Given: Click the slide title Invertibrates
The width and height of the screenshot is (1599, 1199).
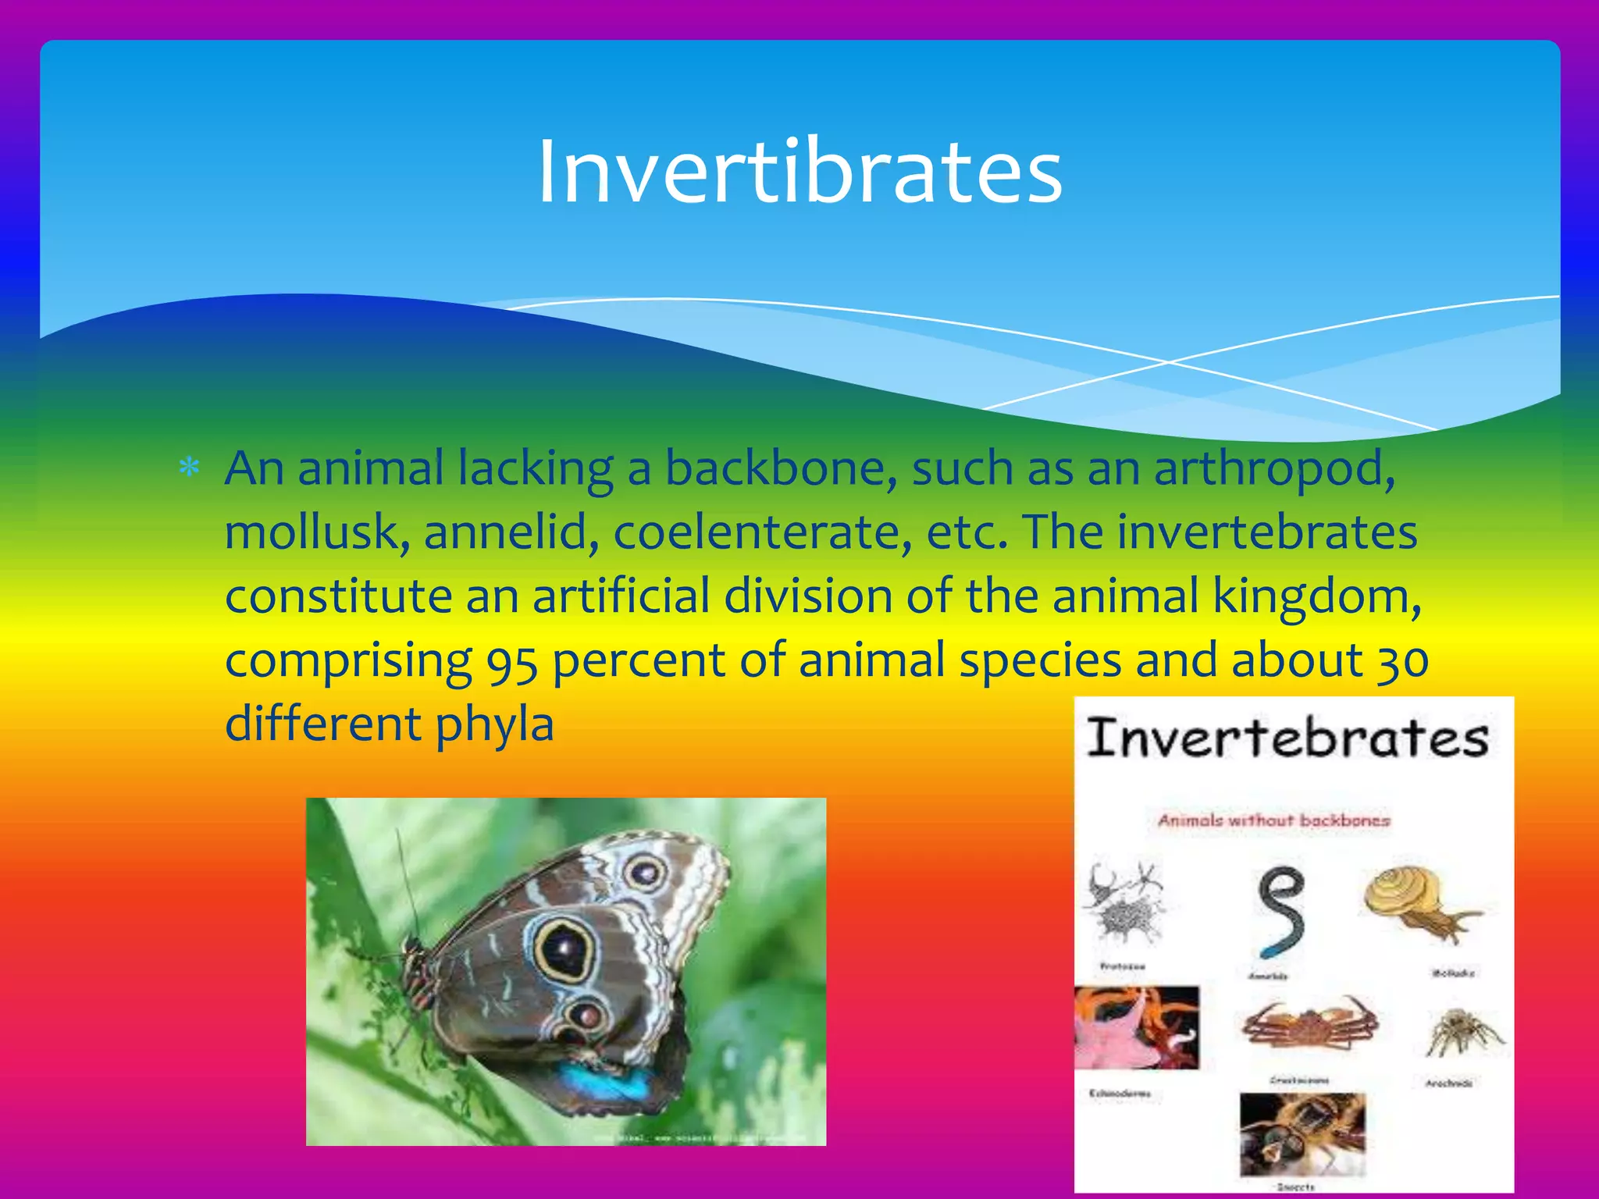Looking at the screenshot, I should [799, 172].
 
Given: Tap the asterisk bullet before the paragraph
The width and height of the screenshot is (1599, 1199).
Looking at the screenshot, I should [189, 468].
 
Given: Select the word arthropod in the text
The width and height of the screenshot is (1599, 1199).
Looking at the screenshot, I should [1273, 470].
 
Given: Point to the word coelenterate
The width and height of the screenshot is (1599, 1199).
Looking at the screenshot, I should [762, 532].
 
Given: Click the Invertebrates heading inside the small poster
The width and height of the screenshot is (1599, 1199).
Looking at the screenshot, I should [1288, 738].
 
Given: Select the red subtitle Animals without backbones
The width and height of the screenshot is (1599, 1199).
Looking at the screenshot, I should [1273, 820].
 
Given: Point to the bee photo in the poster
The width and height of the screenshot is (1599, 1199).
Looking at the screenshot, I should [1302, 1133].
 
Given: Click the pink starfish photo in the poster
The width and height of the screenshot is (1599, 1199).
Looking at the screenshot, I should [1136, 1027].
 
